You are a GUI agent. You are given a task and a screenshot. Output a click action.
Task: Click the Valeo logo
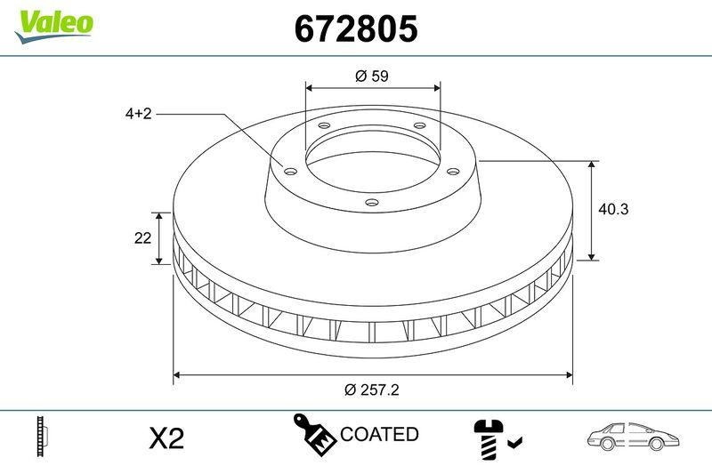click(x=53, y=23)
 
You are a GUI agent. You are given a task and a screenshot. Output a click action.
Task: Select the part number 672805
click(x=356, y=30)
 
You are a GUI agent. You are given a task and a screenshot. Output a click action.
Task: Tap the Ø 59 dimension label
click(x=372, y=76)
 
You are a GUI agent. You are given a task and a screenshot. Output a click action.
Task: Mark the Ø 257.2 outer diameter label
click(x=372, y=390)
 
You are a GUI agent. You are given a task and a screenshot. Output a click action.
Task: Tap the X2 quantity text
click(x=165, y=438)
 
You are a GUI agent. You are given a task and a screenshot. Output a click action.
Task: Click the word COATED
click(x=379, y=435)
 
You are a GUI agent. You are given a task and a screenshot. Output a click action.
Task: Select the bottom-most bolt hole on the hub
click(x=372, y=203)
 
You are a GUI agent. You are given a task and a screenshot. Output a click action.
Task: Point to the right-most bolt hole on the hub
click(x=452, y=170)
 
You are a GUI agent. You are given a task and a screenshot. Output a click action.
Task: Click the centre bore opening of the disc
click(x=372, y=160)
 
